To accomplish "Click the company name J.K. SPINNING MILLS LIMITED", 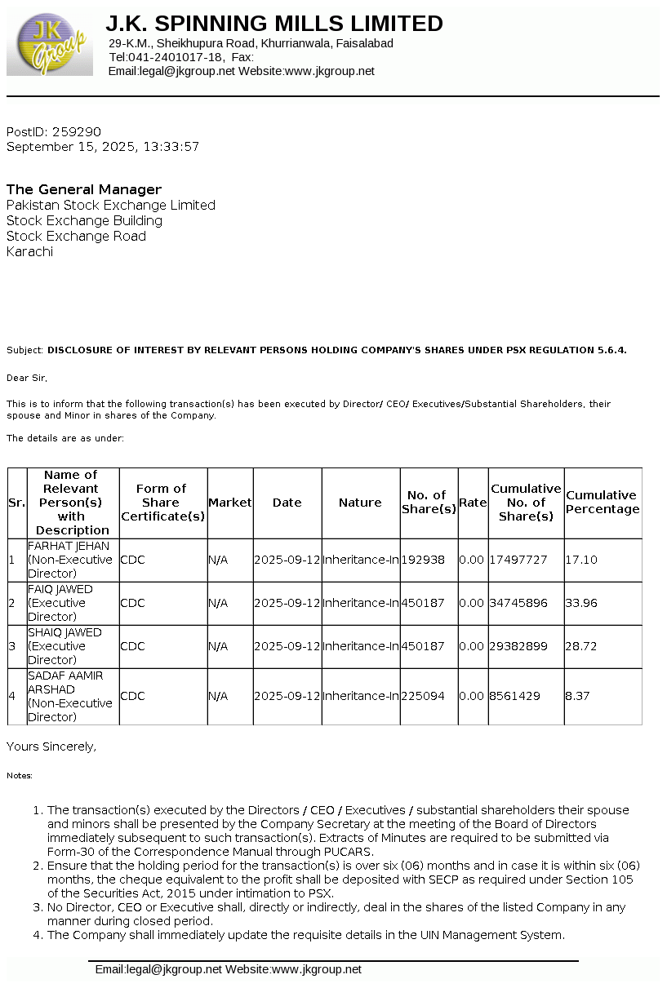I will (274, 24).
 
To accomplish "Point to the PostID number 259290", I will (76, 131).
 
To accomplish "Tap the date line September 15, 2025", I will (102, 147).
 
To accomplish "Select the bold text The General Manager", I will (84, 189).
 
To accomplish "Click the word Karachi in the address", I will (29, 251).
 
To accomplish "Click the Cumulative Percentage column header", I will (603, 502).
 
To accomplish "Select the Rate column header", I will (473, 503).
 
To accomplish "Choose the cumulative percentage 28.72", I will (581, 646).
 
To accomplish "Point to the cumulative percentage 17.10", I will (581, 560).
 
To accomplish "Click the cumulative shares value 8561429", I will (514, 696).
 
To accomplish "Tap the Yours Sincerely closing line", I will (51, 746).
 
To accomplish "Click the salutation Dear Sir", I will (27, 378).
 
